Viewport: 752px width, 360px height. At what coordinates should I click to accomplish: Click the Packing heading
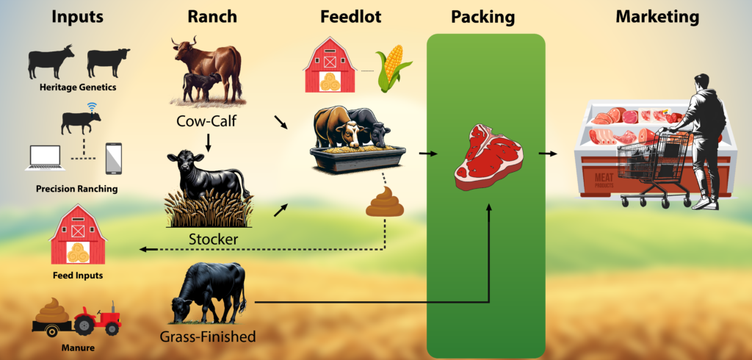click(482, 18)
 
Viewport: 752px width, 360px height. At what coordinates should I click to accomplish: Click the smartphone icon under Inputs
click(114, 159)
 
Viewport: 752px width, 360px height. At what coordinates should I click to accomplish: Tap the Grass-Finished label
click(207, 336)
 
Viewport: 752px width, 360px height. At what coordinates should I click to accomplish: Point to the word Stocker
click(213, 239)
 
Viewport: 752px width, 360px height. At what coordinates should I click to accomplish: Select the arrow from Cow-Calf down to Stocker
click(208, 142)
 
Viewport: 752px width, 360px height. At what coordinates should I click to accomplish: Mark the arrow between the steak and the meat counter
click(548, 154)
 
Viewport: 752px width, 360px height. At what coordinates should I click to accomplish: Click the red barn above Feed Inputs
click(78, 234)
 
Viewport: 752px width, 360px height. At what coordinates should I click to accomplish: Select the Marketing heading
click(657, 18)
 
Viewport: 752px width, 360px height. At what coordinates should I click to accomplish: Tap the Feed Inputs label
click(78, 276)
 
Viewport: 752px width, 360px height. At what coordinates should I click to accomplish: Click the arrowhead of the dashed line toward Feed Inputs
click(142, 249)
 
